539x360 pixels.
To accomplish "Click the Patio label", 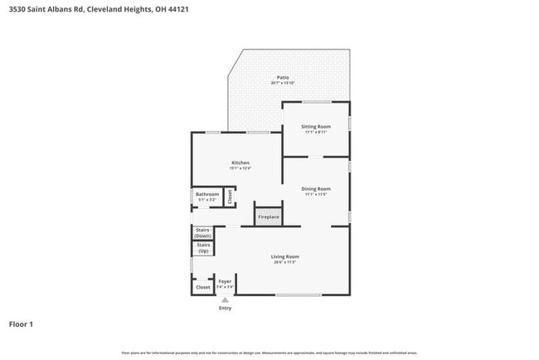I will pyautogui.click(x=283, y=78).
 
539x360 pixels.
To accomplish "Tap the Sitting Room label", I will pyautogui.click(x=316, y=126).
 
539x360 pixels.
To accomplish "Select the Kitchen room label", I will pyautogui.click(x=240, y=163).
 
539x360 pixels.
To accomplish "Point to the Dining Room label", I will pyautogui.click(x=316, y=188).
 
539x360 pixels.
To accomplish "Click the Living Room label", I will pyautogui.click(x=284, y=256).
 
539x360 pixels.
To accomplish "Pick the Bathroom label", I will pyautogui.click(x=206, y=195).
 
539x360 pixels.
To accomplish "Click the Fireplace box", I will pyautogui.click(x=269, y=216).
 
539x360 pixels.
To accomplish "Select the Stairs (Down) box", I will pyautogui.click(x=202, y=232).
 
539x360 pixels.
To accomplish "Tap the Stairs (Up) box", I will pyautogui.click(x=202, y=247).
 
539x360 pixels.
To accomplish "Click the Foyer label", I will pyautogui.click(x=225, y=281).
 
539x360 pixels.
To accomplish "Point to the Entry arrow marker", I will pyautogui.click(x=225, y=299).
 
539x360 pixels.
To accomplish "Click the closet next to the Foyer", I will pyautogui.click(x=202, y=287).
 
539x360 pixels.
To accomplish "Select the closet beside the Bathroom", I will pyautogui.click(x=230, y=197).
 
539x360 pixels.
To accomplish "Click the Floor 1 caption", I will pyautogui.click(x=21, y=324).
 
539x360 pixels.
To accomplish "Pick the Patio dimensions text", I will pyautogui.click(x=283, y=84).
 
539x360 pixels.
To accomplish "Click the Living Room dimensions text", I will pyautogui.click(x=284, y=262).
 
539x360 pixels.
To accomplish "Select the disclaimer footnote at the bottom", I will pyautogui.click(x=269, y=353).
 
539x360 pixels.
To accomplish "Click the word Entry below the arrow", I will pyautogui.click(x=225, y=308).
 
